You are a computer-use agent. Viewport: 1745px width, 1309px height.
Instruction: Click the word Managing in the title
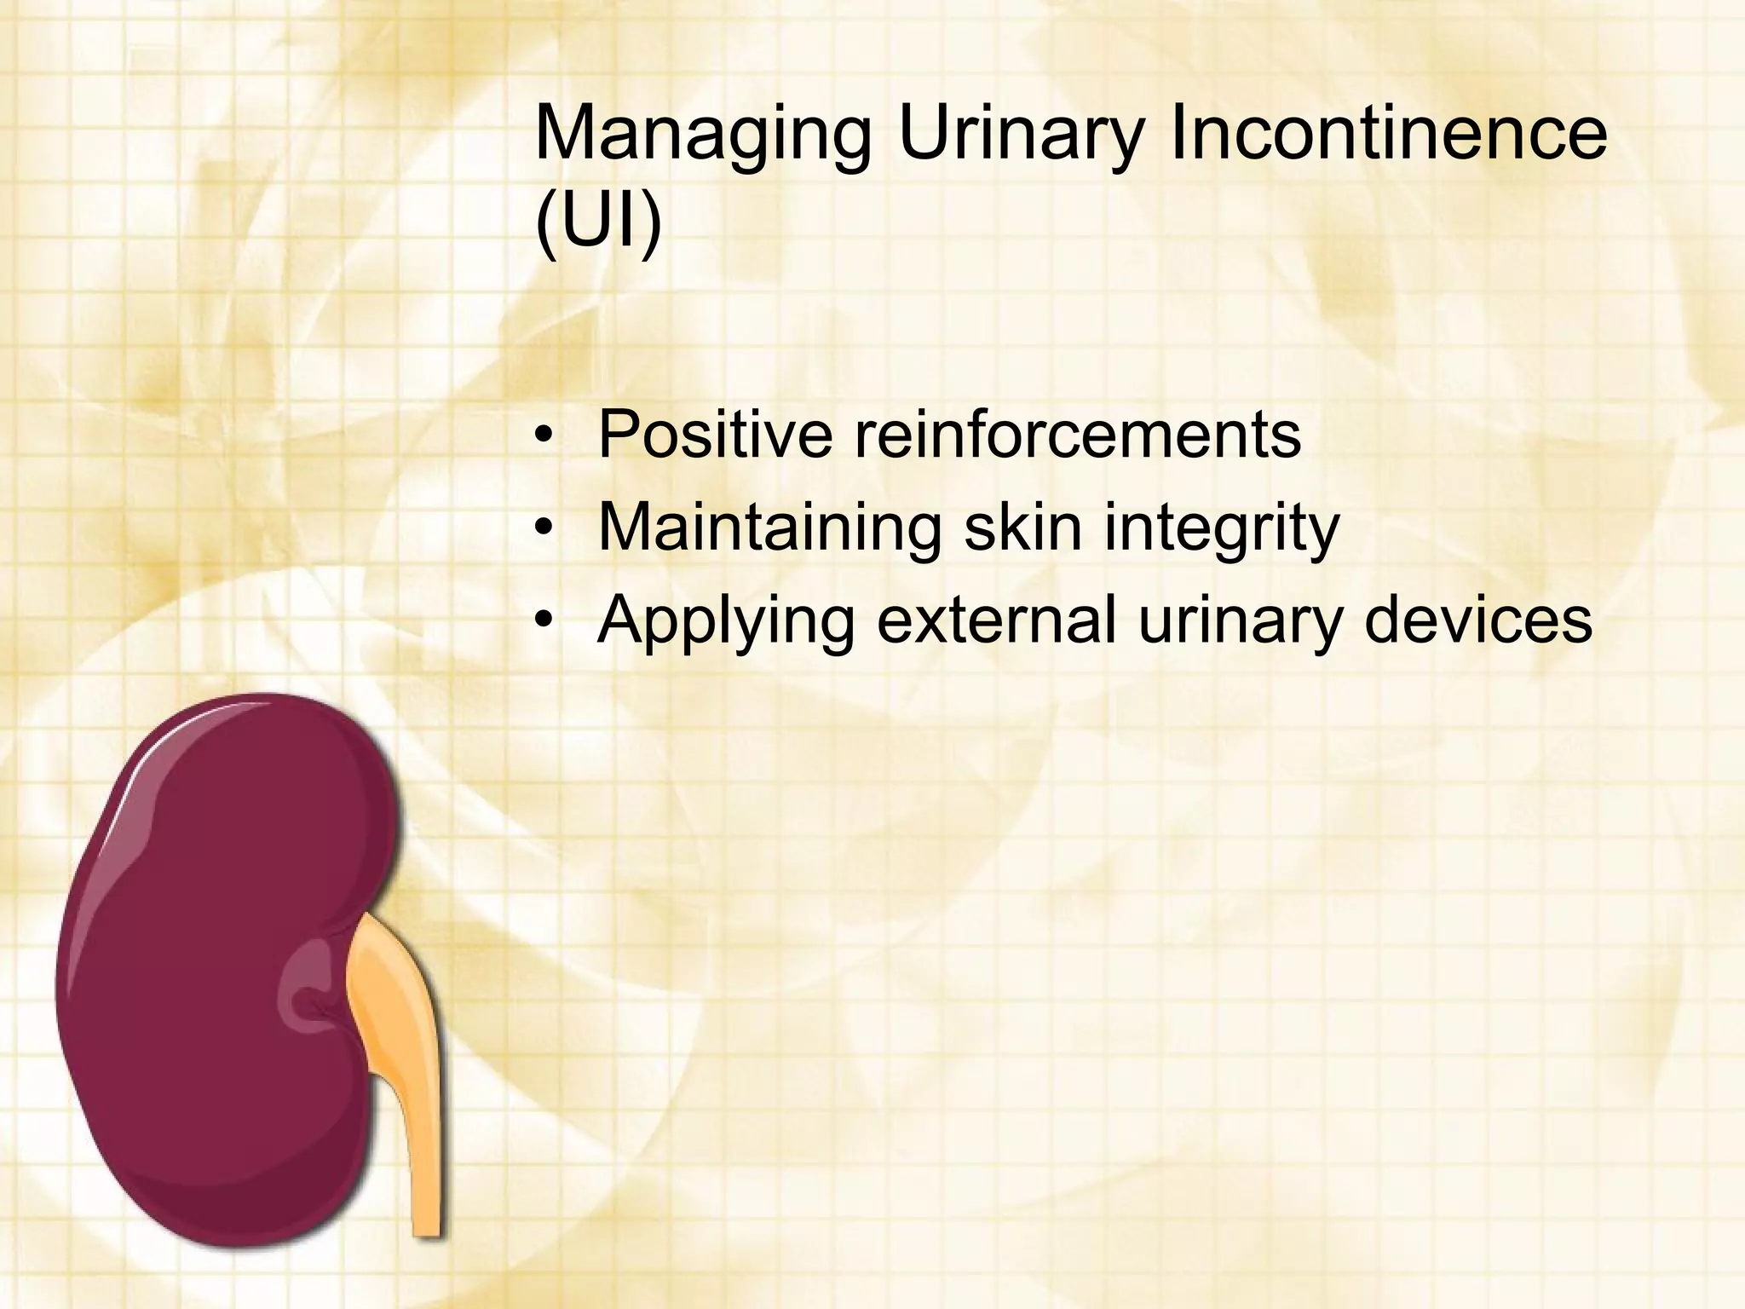(702, 136)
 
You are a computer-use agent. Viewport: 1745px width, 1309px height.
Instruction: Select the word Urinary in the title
(1019, 136)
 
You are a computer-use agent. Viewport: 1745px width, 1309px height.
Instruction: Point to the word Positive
(715, 435)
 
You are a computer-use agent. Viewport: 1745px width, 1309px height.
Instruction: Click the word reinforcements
(1077, 435)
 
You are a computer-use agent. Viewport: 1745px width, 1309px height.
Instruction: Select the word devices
(1478, 620)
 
